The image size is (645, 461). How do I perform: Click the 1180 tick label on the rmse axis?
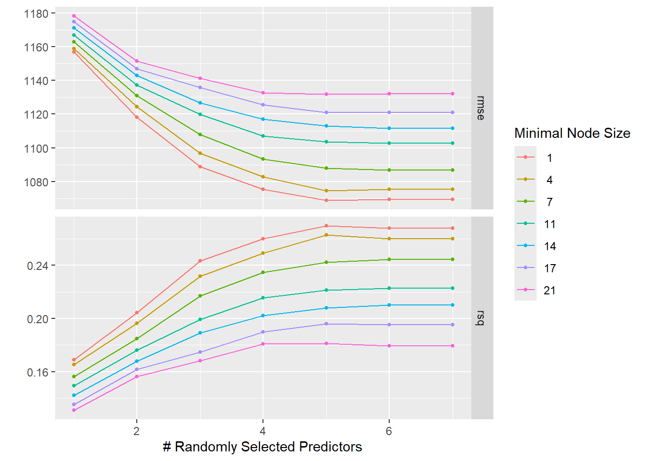36,14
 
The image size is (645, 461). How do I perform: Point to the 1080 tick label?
36,182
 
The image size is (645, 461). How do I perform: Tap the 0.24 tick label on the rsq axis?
38,266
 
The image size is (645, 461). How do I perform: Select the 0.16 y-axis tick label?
38,373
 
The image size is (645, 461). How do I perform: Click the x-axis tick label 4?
263,431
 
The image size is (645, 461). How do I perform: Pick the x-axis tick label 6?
389,431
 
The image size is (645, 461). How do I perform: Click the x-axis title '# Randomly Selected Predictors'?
263,447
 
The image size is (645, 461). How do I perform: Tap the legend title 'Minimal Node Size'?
572,133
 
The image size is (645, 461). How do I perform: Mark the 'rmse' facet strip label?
481,108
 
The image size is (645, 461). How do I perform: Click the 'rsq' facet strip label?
481,317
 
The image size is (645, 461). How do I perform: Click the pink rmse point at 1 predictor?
74,16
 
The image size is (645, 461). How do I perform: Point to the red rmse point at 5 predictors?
326,200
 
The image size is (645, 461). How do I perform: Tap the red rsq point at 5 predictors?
326,226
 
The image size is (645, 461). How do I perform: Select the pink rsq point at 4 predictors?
263,344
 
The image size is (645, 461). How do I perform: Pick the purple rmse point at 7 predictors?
453,112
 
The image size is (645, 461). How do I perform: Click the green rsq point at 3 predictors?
200,296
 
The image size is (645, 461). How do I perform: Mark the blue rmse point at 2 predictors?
137,75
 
